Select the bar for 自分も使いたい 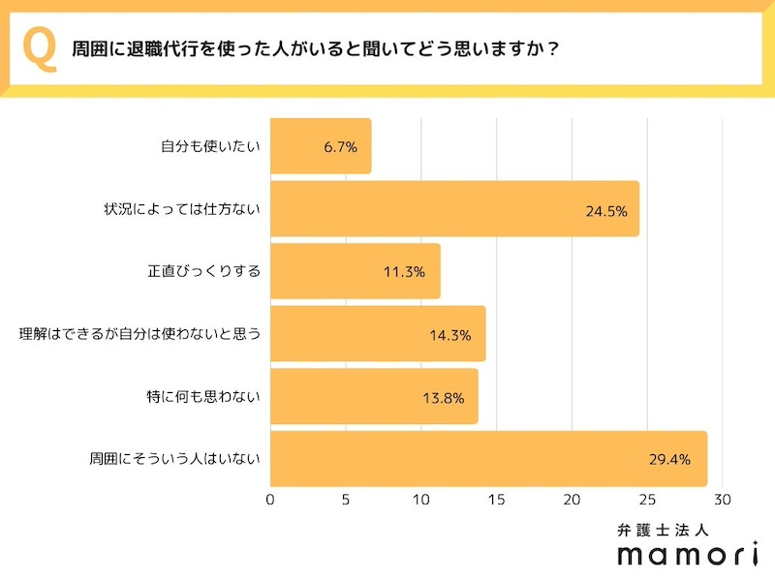click(x=321, y=146)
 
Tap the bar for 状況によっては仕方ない click(x=454, y=209)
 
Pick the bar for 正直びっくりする click(x=355, y=271)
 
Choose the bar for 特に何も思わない click(x=374, y=396)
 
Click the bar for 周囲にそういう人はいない click(x=488, y=459)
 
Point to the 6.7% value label click(x=341, y=147)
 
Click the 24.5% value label click(x=608, y=210)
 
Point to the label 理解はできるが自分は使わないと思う click(x=141, y=334)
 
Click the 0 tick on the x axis click(x=270, y=501)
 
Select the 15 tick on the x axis click(x=496, y=501)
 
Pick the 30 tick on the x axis click(x=723, y=501)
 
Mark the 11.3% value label click(x=404, y=272)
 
